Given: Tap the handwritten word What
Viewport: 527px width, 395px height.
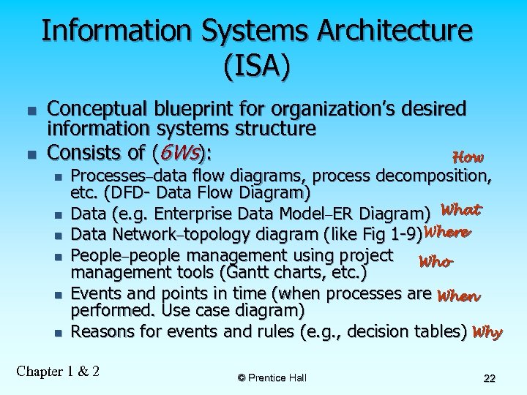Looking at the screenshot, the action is click(461, 210).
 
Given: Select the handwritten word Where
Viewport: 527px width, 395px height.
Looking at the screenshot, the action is click(446, 233).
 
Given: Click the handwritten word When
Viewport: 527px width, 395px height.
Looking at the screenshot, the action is click(457, 296).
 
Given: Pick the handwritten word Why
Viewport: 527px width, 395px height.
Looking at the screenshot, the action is click(487, 332).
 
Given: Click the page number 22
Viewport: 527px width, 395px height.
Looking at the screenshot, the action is click(490, 378).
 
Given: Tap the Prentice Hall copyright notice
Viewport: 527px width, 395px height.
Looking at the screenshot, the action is click(272, 377).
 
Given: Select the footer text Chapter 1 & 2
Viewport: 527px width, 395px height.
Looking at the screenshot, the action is click(58, 370).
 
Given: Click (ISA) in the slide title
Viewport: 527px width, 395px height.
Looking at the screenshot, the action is click(257, 66).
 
